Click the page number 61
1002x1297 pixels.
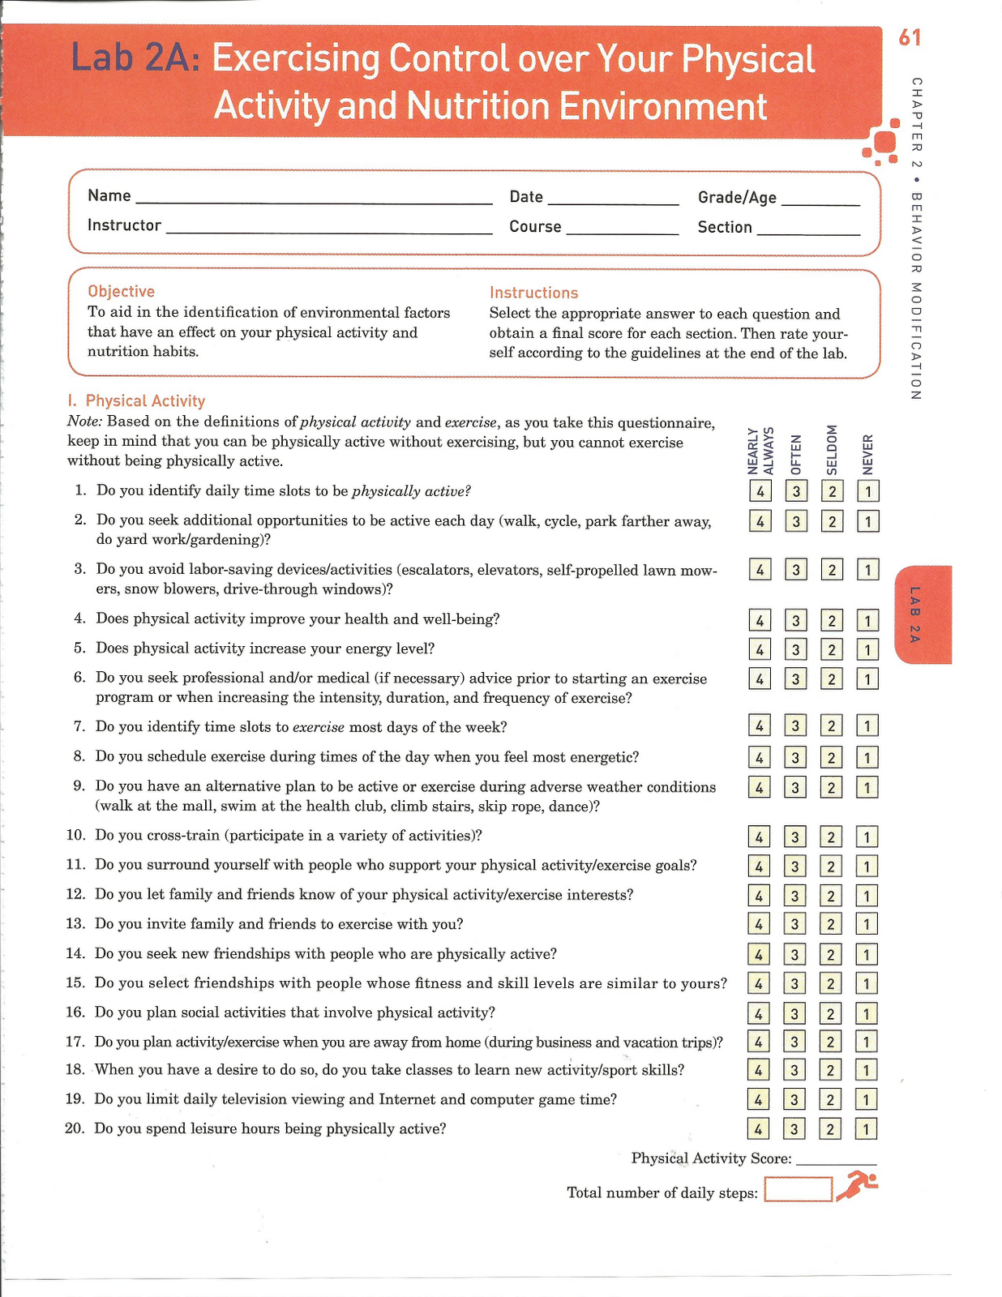click(x=910, y=37)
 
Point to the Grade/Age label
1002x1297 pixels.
click(x=737, y=198)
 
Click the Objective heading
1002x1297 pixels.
click(x=121, y=291)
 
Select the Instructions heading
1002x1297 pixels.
click(x=533, y=293)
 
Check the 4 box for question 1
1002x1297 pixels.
click(x=760, y=491)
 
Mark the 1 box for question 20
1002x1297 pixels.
click(x=866, y=1129)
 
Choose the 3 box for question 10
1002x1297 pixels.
click(x=795, y=837)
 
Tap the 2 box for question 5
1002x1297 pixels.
click(x=831, y=649)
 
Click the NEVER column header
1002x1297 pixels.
click(x=867, y=454)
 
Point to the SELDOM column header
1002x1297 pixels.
click(x=832, y=450)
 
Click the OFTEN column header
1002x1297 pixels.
click(x=796, y=454)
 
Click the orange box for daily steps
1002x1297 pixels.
click(x=798, y=1189)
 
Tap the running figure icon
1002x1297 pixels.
click(x=856, y=1185)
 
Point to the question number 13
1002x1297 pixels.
click(x=75, y=924)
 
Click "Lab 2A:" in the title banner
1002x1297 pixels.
click(x=135, y=59)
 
